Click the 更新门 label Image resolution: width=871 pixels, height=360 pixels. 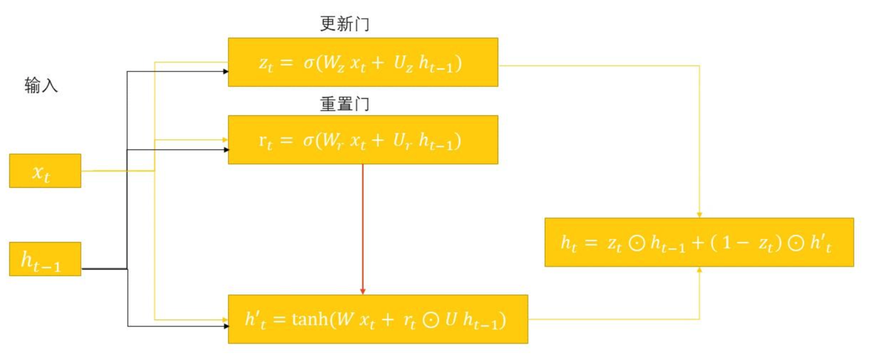pyautogui.click(x=346, y=24)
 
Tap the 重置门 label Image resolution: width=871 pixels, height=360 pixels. pyautogui.click(x=345, y=104)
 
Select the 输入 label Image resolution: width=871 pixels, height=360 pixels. pyautogui.click(x=41, y=86)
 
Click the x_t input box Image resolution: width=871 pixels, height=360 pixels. pyautogui.click(x=45, y=171)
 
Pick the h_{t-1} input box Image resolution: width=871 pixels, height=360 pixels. pyautogui.click(x=45, y=259)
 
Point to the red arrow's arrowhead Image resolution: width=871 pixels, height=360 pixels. pyautogui.click(x=363, y=291)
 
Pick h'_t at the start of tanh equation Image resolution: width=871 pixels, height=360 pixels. pyautogui.click(x=255, y=320)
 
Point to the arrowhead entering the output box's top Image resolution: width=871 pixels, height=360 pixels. pyautogui.click(x=699, y=215)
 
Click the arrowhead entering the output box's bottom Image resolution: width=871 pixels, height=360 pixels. pyautogui.click(x=699, y=269)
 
